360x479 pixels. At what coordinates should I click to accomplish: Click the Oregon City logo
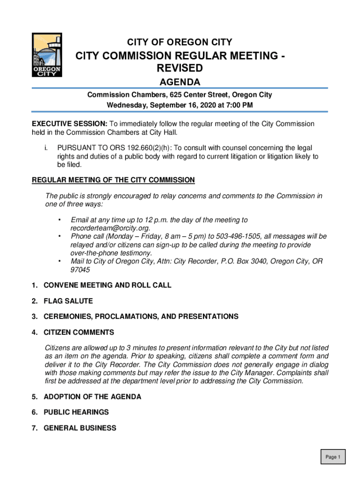click(47, 55)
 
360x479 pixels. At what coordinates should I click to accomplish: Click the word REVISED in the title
click(180, 69)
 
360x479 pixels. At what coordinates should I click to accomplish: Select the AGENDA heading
click(180, 82)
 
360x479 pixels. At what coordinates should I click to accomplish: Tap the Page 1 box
click(333, 457)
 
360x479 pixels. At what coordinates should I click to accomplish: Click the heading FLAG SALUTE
click(68, 301)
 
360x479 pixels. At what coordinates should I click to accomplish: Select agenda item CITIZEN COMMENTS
click(79, 333)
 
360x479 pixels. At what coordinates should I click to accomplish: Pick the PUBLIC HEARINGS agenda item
click(76, 412)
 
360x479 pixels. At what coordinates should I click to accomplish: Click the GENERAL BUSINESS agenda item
click(80, 428)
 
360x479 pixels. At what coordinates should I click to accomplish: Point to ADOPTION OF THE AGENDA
click(92, 397)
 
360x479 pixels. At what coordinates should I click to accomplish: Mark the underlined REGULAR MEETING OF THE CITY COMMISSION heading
click(113, 180)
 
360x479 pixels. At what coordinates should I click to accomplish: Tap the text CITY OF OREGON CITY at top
click(180, 42)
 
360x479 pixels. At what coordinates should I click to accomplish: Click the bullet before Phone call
click(59, 236)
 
